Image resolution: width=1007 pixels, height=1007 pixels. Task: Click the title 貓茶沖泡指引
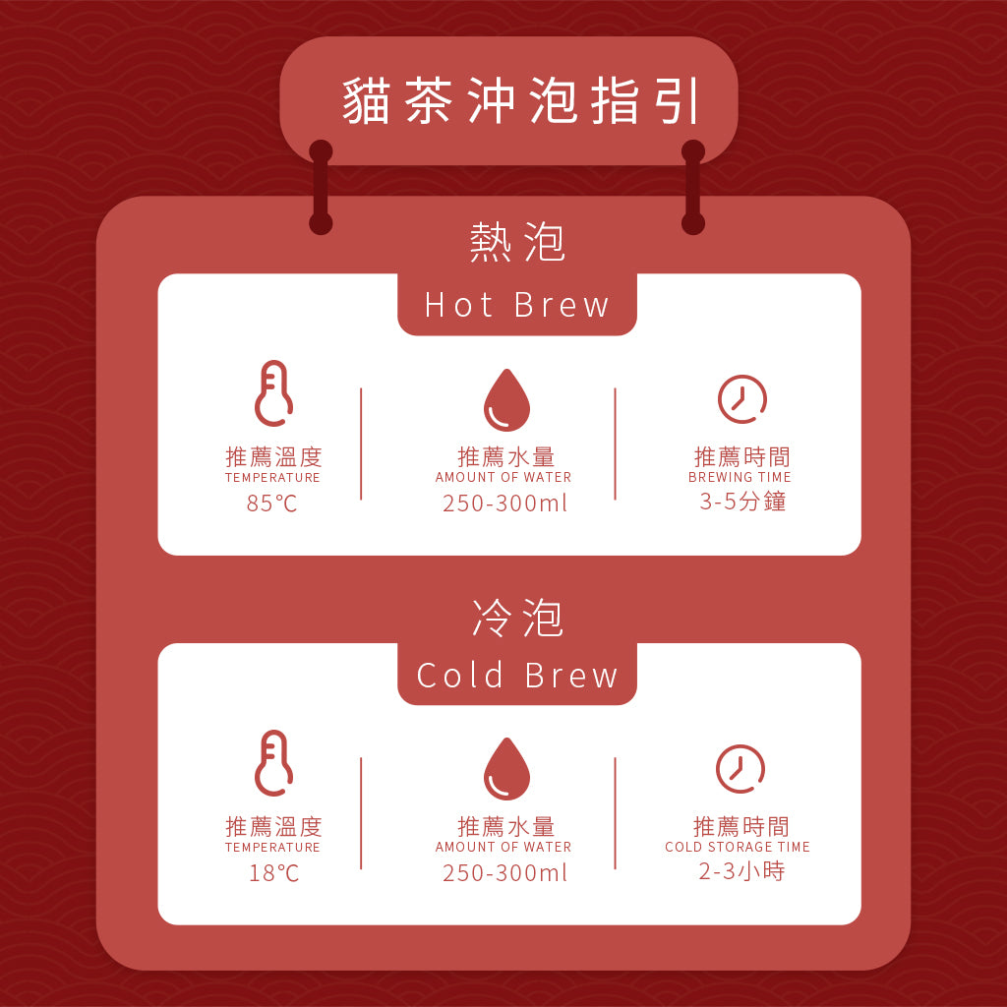point(521,101)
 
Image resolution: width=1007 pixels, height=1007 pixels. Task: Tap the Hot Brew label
point(517,306)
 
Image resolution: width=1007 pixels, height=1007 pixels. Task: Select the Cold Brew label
point(517,676)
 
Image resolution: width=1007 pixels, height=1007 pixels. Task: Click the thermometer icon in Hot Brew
point(272,393)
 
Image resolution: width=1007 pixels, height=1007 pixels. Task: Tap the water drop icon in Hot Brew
point(506,400)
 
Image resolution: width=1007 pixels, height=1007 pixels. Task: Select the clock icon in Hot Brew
point(741,399)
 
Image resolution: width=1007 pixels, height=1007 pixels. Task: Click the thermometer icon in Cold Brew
point(272,763)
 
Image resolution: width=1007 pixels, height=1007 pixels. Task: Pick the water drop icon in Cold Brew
point(506,769)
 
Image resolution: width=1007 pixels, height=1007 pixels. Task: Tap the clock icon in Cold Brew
point(740,769)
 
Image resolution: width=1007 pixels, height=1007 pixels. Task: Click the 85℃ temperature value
point(272,503)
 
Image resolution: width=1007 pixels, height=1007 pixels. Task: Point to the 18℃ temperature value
point(273,872)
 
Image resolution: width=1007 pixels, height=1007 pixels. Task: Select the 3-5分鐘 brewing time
point(742,502)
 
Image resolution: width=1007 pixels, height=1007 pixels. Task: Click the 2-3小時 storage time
point(741,871)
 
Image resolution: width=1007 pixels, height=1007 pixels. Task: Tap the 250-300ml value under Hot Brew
point(504,503)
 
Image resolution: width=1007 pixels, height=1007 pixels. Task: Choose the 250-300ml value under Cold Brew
point(504,872)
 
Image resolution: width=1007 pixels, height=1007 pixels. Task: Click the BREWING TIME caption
point(740,478)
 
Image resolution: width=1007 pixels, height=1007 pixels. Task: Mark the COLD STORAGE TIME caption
point(738,847)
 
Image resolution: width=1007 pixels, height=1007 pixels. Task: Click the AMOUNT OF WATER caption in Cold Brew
point(503,847)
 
